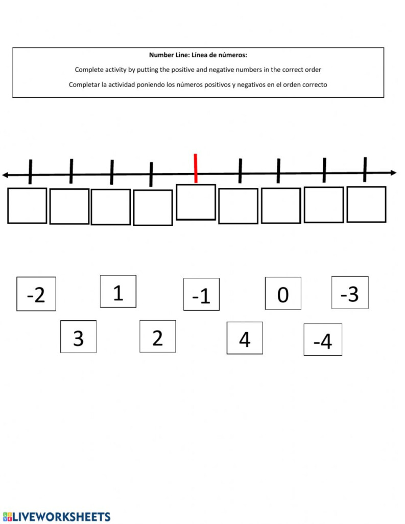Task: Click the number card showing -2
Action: (x=36, y=294)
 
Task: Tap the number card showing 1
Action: (x=118, y=292)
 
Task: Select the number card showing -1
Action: (x=201, y=294)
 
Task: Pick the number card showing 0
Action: (x=283, y=293)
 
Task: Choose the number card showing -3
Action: (x=350, y=293)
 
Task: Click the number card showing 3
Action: (x=78, y=337)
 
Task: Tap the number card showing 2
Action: (x=157, y=336)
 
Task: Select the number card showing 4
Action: (x=245, y=338)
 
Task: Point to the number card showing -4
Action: (x=323, y=339)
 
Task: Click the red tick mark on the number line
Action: (x=196, y=168)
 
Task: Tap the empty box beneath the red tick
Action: (x=196, y=202)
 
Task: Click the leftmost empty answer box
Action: (x=27, y=206)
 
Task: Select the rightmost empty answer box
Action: (x=366, y=204)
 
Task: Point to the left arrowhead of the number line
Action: (x=5, y=175)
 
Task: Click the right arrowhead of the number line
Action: (x=393, y=172)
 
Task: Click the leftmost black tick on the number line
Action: (x=30, y=171)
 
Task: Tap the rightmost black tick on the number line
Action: (x=365, y=169)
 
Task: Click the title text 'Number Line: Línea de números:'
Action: (x=198, y=55)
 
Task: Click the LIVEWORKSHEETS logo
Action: (x=56, y=516)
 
